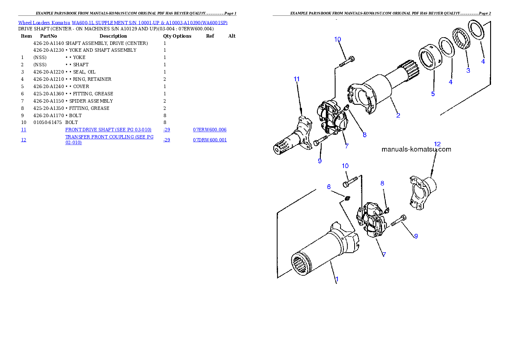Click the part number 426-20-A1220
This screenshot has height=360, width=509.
pos(48,72)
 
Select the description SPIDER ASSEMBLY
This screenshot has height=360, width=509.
pos(91,101)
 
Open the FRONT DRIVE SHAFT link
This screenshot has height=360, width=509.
pos(108,130)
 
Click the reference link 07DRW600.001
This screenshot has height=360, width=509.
pos(210,140)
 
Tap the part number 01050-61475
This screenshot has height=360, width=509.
pos(47,122)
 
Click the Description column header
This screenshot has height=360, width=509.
pos(113,36)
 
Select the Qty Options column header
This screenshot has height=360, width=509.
pos(177,36)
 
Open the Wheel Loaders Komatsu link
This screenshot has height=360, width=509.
pos(44,23)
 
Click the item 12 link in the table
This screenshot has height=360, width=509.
pos(24,140)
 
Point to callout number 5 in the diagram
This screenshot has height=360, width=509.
pos(433,94)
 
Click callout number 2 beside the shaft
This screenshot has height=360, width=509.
pos(398,115)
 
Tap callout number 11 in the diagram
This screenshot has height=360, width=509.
pos(296,79)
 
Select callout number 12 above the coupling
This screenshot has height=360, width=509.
pos(437,144)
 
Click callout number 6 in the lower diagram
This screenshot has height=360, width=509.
pos(329,187)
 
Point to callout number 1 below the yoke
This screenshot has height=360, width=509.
pos(337,279)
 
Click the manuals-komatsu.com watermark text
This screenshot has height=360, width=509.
pos(416,149)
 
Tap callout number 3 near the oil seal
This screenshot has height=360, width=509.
pos(468,71)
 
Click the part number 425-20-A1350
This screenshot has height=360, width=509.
pos(48,108)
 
